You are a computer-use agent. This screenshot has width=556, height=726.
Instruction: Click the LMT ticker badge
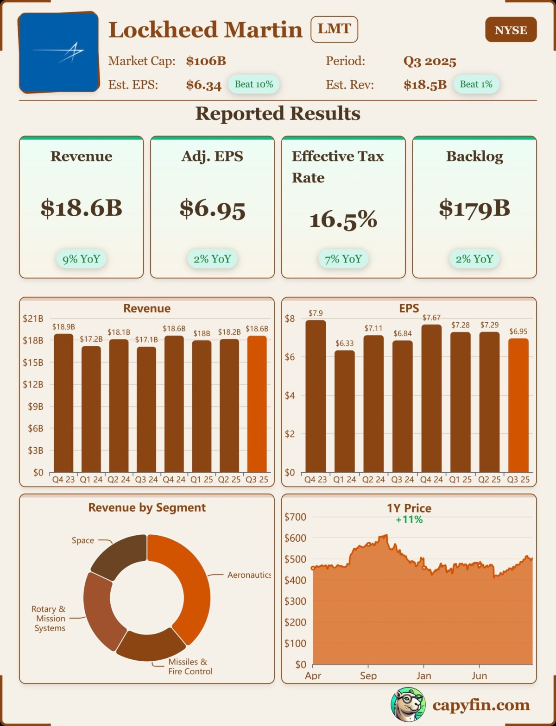click(x=334, y=29)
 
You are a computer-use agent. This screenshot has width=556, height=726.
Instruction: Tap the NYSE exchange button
click(x=511, y=30)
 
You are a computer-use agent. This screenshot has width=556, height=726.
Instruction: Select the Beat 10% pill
click(x=253, y=84)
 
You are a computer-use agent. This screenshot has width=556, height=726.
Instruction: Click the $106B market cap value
click(x=206, y=61)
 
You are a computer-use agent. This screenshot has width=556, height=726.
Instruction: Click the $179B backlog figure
click(x=474, y=209)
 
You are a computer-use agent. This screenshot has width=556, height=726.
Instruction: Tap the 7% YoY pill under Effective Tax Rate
click(x=343, y=259)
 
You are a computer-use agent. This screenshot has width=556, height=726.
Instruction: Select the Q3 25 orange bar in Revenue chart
click(x=257, y=404)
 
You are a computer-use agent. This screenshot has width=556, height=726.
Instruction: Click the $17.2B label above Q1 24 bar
click(x=91, y=339)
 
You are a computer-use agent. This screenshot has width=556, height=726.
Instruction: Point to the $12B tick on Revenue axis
click(x=33, y=384)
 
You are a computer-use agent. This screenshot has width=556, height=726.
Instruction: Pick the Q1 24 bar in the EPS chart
click(x=345, y=411)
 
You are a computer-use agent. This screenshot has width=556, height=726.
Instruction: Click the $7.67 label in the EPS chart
click(x=431, y=318)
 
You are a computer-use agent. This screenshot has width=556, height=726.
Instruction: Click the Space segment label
click(x=83, y=540)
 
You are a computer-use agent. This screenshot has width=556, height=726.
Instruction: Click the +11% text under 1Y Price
click(x=409, y=519)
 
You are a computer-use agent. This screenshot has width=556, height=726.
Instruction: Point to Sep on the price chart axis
click(x=368, y=676)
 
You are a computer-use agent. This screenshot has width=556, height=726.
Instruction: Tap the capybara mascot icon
click(x=408, y=704)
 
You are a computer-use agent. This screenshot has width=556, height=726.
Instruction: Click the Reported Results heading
click(x=278, y=113)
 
